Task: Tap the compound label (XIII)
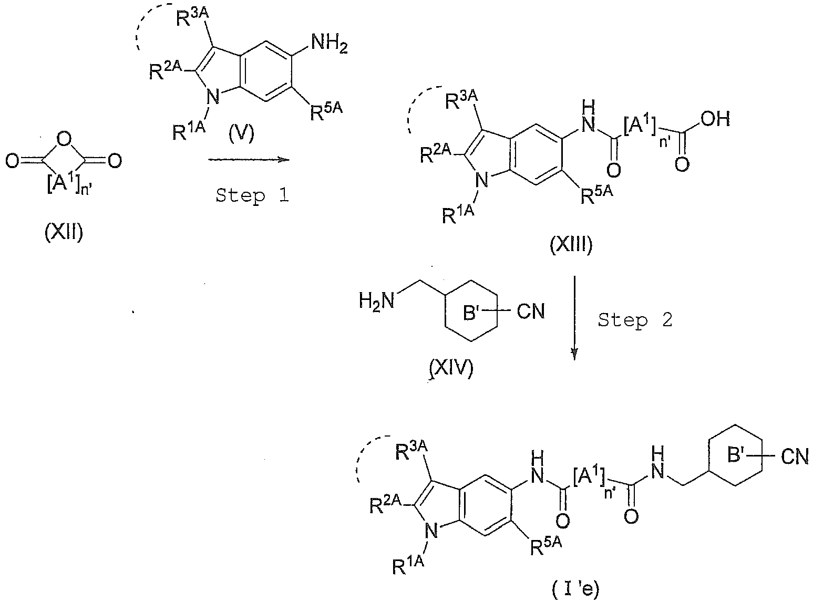tap(571, 245)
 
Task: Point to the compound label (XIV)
tap(451, 368)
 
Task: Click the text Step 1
tap(252, 195)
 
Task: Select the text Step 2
tap(635, 320)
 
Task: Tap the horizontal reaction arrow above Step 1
tap(249, 159)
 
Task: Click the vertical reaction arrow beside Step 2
tap(574, 318)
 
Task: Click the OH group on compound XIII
tap(715, 119)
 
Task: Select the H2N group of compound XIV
tap(376, 301)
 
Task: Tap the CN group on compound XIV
tap(531, 312)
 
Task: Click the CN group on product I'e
tap(795, 456)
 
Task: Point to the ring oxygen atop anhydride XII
tap(64, 140)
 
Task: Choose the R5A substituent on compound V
tap(326, 111)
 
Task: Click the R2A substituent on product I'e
tap(386, 506)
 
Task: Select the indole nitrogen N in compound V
tap(213, 98)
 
